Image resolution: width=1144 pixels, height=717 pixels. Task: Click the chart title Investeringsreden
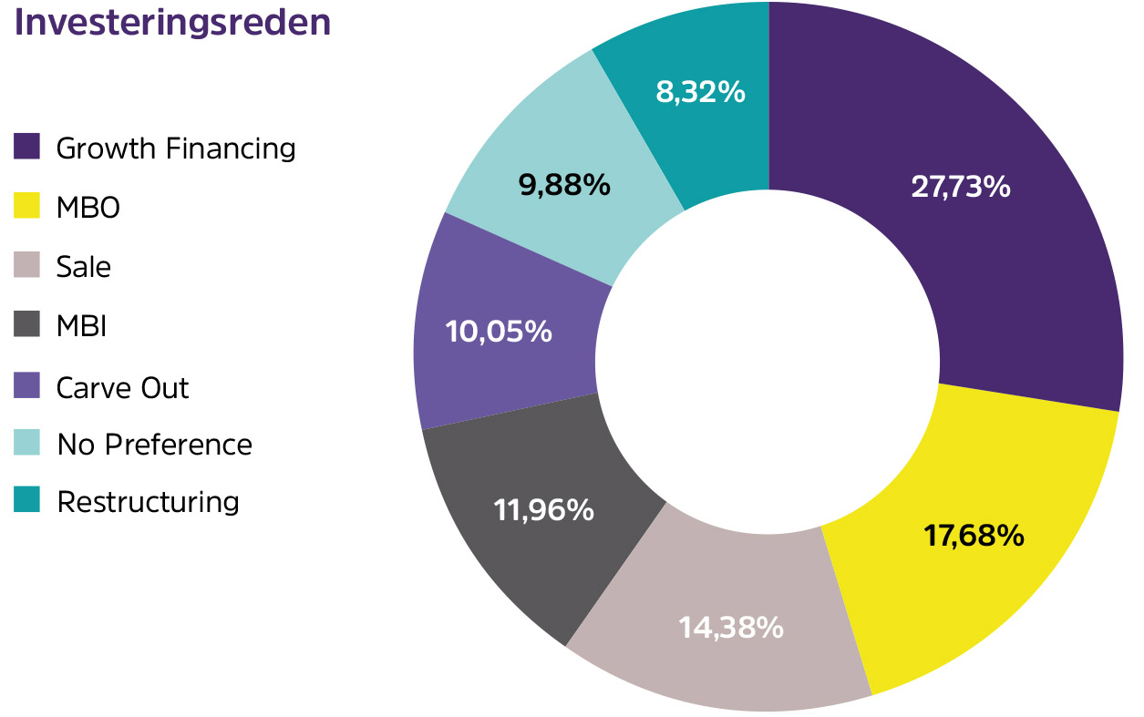pyautogui.click(x=172, y=24)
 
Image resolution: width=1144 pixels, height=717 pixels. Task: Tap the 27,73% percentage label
pyautogui.click(x=960, y=187)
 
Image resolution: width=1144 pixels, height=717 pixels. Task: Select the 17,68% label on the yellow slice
pyautogui.click(x=974, y=536)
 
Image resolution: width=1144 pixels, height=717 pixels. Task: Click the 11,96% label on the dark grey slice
pyautogui.click(x=543, y=509)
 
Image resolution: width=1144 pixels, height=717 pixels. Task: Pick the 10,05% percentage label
pyautogui.click(x=499, y=331)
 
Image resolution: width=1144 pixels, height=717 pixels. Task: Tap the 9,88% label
pyautogui.click(x=563, y=185)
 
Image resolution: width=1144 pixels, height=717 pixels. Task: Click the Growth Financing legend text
pyautogui.click(x=176, y=149)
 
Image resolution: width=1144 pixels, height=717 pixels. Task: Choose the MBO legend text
pyautogui.click(x=88, y=208)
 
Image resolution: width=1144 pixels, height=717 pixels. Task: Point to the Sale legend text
pyautogui.click(x=83, y=267)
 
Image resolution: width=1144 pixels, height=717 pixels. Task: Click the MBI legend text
pyautogui.click(x=82, y=326)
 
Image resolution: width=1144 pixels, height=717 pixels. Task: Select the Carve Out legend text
pyautogui.click(x=122, y=387)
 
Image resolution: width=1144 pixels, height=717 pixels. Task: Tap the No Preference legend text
pyautogui.click(x=154, y=445)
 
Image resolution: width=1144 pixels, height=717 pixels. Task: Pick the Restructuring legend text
pyautogui.click(x=148, y=502)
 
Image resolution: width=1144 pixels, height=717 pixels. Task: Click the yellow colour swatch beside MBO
pyautogui.click(x=27, y=206)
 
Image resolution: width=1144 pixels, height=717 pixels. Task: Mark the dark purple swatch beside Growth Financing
pyautogui.click(x=27, y=147)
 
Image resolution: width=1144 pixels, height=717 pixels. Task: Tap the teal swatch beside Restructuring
pyautogui.click(x=27, y=500)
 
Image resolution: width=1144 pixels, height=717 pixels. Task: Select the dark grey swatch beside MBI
pyautogui.click(x=27, y=324)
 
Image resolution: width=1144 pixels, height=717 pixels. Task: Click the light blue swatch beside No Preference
pyautogui.click(x=27, y=443)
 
